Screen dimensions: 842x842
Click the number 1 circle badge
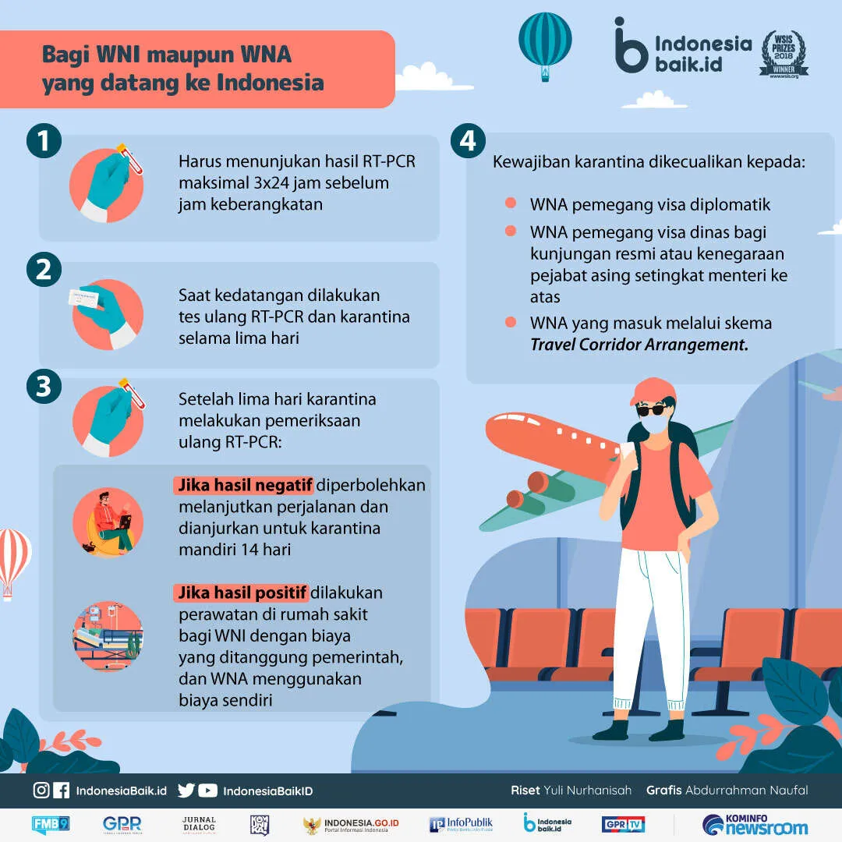[44, 140]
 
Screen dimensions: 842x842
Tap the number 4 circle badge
[468, 140]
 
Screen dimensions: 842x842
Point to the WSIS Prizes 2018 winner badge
[784, 55]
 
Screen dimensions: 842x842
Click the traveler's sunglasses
[652, 410]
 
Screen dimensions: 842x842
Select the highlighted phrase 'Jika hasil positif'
[241, 593]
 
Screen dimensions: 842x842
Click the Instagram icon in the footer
[41, 790]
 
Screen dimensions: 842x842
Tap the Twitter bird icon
[186, 791]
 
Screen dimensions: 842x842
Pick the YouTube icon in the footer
[208, 791]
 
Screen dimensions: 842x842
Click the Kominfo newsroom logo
[755, 825]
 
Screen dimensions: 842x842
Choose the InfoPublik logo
[461, 824]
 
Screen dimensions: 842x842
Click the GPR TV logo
[623, 824]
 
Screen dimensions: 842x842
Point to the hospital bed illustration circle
[108, 636]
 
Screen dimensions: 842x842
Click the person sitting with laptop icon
[108, 522]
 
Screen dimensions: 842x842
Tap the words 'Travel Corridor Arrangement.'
[639, 345]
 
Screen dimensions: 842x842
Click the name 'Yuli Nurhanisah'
[588, 790]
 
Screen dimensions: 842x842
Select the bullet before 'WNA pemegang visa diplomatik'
[511, 203]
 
